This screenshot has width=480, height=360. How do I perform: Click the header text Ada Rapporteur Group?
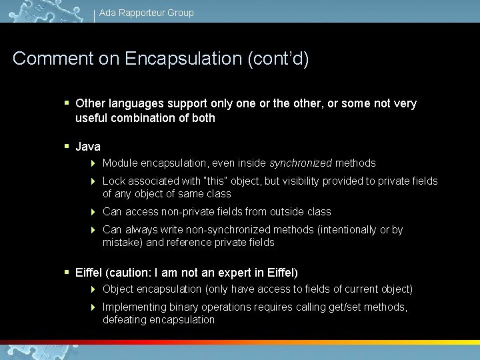click(146, 13)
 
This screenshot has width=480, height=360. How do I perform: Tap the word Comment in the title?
click(52, 59)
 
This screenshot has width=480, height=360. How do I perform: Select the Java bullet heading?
click(88, 147)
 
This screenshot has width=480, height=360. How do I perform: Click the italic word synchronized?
click(300, 163)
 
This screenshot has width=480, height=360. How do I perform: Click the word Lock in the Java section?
click(114, 181)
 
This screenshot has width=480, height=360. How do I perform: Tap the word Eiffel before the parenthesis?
click(89, 273)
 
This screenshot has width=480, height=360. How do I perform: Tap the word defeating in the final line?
click(125, 320)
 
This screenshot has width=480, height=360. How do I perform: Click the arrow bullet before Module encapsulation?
click(94, 163)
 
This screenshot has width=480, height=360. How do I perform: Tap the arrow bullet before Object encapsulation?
click(94, 289)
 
